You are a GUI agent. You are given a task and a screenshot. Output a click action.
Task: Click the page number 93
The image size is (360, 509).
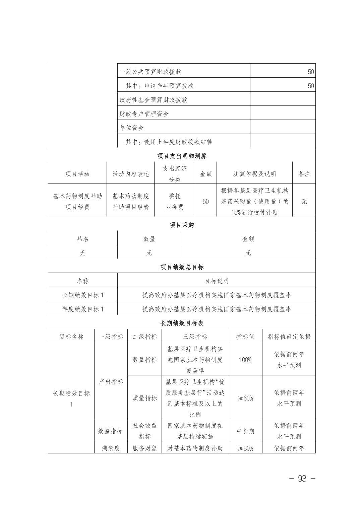pyautogui.click(x=302, y=479)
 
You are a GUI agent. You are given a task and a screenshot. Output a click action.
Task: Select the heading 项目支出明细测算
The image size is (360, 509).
pyautogui.click(x=182, y=156)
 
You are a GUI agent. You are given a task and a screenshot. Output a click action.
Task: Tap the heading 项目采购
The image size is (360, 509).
pyautogui.click(x=182, y=225)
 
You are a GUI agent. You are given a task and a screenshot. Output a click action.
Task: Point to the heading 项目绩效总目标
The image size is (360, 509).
pyautogui.click(x=182, y=267)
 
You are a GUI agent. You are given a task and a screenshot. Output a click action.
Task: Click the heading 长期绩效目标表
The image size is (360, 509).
pyautogui.click(x=182, y=323)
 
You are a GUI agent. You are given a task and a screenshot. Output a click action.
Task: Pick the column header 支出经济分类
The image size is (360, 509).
pyautogui.click(x=175, y=174)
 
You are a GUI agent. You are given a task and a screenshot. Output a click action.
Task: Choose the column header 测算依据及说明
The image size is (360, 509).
pyautogui.click(x=254, y=174)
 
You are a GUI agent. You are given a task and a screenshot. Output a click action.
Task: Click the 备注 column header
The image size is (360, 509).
pyautogui.click(x=304, y=174)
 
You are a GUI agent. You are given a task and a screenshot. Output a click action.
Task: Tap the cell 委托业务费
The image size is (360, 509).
pyautogui.click(x=175, y=201)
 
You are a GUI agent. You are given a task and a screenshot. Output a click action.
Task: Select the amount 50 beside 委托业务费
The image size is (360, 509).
pyautogui.click(x=205, y=202)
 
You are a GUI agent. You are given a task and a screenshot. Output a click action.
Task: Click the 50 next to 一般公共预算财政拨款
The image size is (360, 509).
pyautogui.click(x=311, y=72)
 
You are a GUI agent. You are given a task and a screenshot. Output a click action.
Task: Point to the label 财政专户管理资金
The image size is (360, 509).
pyautogui.click(x=144, y=114)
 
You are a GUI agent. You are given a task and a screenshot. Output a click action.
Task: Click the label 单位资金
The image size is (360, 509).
pyautogui.click(x=132, y=128)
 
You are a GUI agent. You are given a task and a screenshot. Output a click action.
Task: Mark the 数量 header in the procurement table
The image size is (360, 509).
pyautogui.click(x=149, y=239)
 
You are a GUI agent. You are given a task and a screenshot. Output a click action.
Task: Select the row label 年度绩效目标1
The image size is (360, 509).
pyautogui.click(x=83, y=309)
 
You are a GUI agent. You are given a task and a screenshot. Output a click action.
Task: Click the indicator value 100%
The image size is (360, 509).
pyautogui.click(x=245, y=360)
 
